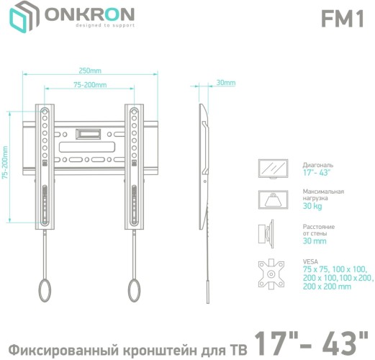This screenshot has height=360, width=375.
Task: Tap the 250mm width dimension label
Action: point(90,71)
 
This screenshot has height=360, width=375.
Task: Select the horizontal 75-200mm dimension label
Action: point(90,85)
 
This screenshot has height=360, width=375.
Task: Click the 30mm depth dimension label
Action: point(225,83)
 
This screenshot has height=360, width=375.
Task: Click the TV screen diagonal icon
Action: point(273,168)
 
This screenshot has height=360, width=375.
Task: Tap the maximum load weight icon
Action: point(273,199)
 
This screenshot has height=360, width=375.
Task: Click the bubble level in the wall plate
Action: point(89,133)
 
